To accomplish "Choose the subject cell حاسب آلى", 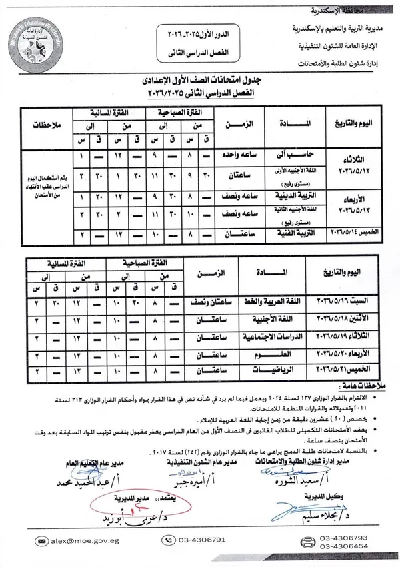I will [287, 154].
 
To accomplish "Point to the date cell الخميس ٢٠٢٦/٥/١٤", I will [358, 233].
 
